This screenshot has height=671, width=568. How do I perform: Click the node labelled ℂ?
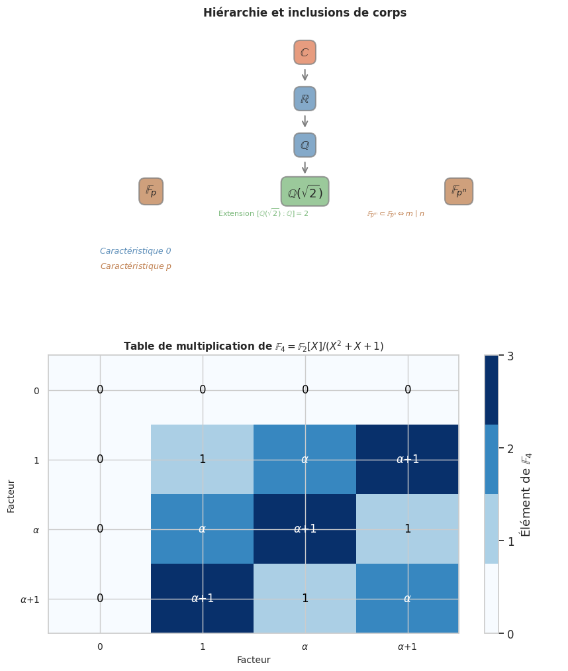click(305, 52)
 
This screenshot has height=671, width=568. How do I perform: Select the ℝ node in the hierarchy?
click(305, 99)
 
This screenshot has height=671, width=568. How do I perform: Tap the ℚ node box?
click(305, 145)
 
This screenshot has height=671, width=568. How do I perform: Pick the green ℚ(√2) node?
click(305, 192)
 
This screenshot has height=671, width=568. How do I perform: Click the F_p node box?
click(151, 191)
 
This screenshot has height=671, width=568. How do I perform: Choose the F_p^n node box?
click(459, 191)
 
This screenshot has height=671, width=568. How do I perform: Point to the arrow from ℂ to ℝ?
click(305, 75)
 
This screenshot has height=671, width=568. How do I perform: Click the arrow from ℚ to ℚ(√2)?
click(305, 167)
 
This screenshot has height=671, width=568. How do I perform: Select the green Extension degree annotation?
click(263, 213)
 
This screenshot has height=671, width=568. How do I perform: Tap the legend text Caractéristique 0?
click(135, 251)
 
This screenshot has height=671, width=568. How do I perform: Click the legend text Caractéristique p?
click(135, 266)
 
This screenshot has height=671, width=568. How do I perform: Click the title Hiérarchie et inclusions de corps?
click(305, 13)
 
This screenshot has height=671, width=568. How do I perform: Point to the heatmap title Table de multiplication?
click(254, 346)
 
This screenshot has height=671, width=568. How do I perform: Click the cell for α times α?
click(305, 529)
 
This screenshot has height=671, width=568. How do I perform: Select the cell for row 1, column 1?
click(203, 459)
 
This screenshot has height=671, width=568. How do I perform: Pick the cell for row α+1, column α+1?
click(407, 598)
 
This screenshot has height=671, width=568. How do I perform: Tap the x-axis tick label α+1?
click(407, 646)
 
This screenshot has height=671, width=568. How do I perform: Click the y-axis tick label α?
click(36, 530)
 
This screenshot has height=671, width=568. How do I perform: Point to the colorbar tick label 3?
click(510, 356)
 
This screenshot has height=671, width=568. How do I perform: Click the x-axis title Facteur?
click(254, 660)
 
